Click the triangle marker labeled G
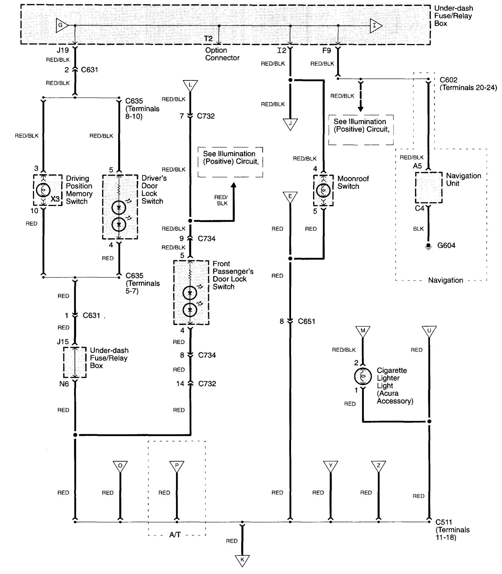61,25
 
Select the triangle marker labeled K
242,560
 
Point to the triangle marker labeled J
290,123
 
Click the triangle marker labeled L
190,85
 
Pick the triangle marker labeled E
290,197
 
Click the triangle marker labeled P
177,466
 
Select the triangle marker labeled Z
379,466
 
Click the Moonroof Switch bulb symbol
323,190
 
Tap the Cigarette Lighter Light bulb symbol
363,376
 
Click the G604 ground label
446,246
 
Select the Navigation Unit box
429,188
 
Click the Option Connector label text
222,54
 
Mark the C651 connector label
306,321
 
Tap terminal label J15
63,342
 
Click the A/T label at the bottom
175,535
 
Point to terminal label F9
326,51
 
